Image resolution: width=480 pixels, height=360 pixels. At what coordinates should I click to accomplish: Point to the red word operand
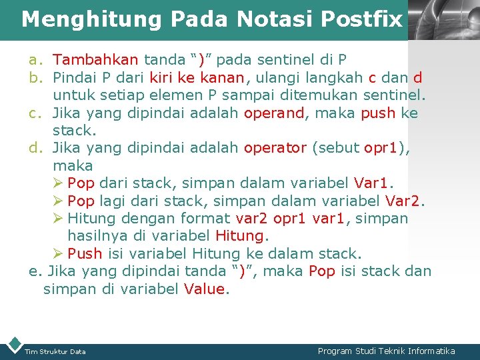tap(274, 113)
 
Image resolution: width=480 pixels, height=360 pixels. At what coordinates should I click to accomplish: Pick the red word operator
tap(275, 148)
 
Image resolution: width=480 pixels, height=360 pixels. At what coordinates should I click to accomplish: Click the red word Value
tap(205, 289)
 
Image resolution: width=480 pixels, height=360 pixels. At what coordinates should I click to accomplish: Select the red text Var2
tap(405, 201)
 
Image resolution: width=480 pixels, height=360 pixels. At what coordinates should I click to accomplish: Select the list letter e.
tap(35, 271)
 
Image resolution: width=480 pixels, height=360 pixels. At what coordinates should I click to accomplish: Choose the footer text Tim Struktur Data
tap(55, 351)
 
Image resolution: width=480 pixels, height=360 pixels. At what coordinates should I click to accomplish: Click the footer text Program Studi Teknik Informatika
tap(386, 351)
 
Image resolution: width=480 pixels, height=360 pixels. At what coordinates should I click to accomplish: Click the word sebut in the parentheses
tap(337, 148)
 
